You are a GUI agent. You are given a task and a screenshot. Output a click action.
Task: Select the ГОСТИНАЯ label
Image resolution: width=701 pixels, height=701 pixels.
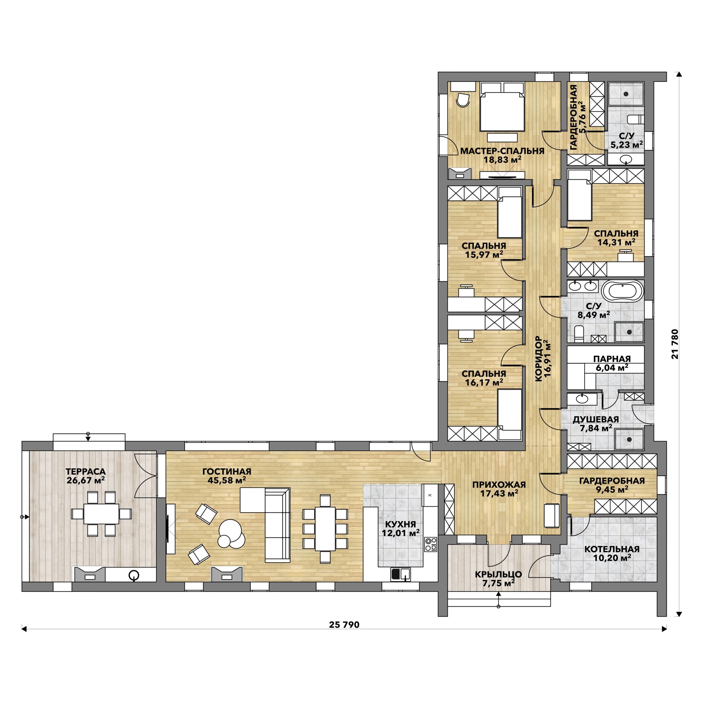pos(227,471)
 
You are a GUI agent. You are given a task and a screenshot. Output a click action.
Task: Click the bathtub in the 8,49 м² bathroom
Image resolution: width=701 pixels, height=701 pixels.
pos(623,292)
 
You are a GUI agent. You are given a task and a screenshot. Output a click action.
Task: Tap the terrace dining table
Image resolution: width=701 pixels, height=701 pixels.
pos(101,513)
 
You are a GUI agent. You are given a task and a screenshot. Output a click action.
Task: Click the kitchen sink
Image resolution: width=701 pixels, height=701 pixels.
pos(400,574)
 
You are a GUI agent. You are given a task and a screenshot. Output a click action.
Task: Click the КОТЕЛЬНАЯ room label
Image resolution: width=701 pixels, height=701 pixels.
pos(612,549)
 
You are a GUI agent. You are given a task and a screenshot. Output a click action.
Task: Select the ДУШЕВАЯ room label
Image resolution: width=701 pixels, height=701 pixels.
pos(596,420)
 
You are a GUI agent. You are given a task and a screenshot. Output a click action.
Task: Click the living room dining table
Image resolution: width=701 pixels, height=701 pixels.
pos(325,529)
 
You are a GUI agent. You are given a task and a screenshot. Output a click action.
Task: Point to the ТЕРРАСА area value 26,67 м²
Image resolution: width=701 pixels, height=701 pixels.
pos(86,480)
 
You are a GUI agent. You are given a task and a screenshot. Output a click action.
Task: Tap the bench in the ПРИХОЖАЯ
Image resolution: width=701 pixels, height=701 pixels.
pos(551,516)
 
